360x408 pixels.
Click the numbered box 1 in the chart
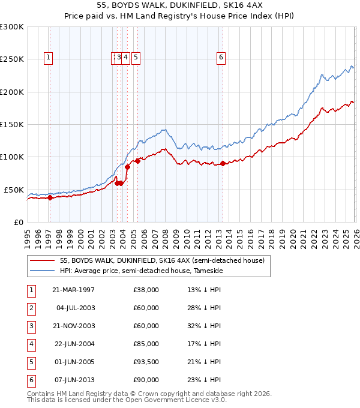coord(47,58)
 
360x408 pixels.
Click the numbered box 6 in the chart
coord(221,58)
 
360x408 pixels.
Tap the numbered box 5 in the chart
coord(136,58)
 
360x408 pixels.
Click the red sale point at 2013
coord(223,163)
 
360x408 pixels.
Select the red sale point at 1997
coord(50,197)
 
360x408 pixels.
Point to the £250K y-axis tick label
coord(11,59)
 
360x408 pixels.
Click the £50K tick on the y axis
coord(13,190)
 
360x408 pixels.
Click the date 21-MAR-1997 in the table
coord(73,290)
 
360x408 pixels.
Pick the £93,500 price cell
coord(146,362)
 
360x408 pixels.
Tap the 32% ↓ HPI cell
coord(204,326)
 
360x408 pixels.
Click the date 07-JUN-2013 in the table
coord(73,380)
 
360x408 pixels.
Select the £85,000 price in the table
coord(146,344)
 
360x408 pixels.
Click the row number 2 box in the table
coord(30,308)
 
